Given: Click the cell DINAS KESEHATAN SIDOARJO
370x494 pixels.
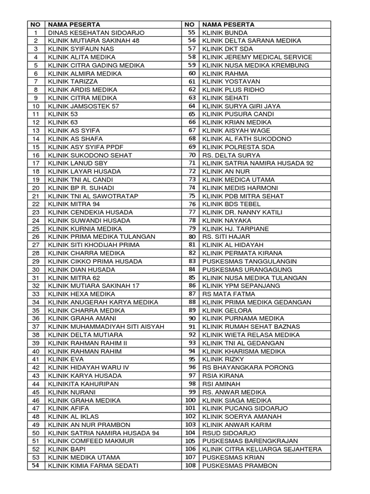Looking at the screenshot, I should pyautogui.click(x=89, y=32).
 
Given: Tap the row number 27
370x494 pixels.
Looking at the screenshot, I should pyautogui.click(x=36, y=245).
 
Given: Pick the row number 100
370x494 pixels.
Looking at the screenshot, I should pyautogui.click(x=190, y=400).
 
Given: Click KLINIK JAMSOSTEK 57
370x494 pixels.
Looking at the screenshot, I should pyautogui.click(x=83, y=106).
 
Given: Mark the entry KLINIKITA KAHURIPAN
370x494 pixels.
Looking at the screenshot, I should pyautogui.click(x=83, y=384).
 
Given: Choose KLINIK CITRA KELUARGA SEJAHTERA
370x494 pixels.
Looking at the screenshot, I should pyautogui.click(x=262, y=449).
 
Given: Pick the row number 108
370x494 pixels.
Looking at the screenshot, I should pyautogui.click(x=190, y=466).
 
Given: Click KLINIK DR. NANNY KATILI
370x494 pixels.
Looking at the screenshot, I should pyautogui.click(x=242, y=212).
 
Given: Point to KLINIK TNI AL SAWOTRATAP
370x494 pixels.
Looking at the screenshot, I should pyautogui.click(x=91, y=196).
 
